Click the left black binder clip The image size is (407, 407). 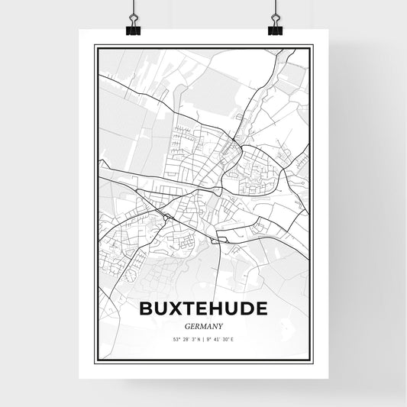tap(131, 29)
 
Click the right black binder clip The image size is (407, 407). tap(275, 29)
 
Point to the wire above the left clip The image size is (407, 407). tap(131, 9)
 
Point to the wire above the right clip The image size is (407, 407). tap(275, 9)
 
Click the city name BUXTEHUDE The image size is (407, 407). tap(204, 308)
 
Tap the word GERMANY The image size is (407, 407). tap(203, 325)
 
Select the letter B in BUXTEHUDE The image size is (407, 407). tap(147, 308)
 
